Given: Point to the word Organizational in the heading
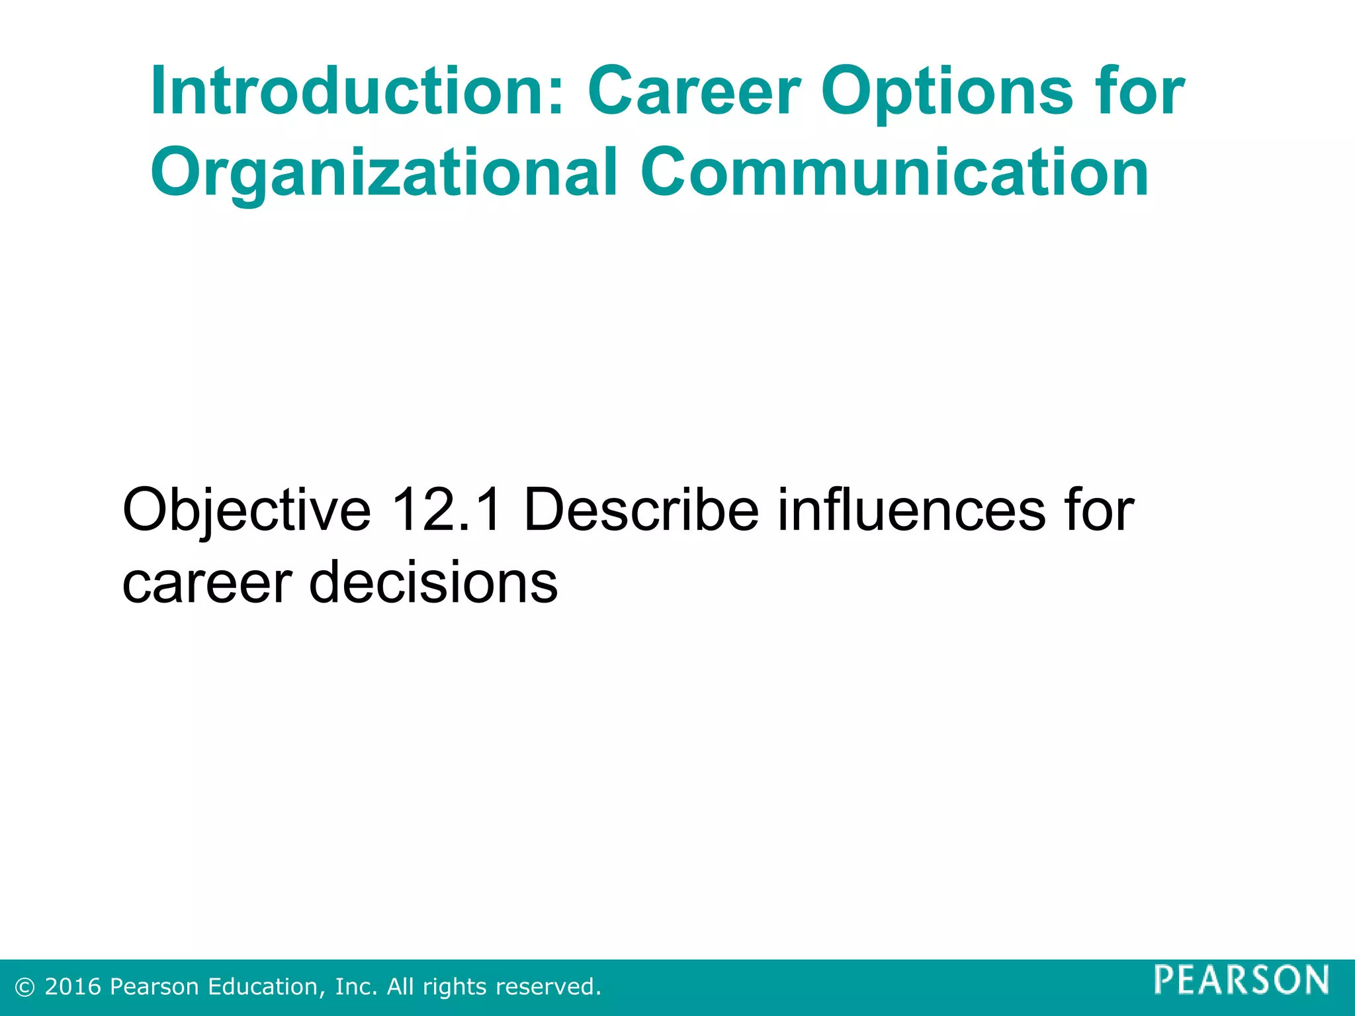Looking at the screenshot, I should pyautogui.click(x=384, y=173).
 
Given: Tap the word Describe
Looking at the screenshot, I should pyautogui.click(x=641, y=509).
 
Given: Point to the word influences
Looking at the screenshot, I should pyautogui.click(x=910, y=509).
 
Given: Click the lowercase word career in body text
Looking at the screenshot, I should pyautogui.click(x=207, y=583).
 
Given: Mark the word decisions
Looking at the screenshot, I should pyautogui.click(x=433, y=581).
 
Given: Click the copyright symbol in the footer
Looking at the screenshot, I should pyautogui.click(x=25, y=988).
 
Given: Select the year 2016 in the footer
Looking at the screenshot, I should pyautogui.click(x=73, y=987).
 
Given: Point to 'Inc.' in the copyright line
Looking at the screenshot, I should pyautogui.click(x=357, y=987).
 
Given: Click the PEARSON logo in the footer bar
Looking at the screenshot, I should pyautogui.click(x=1241, y=980).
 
